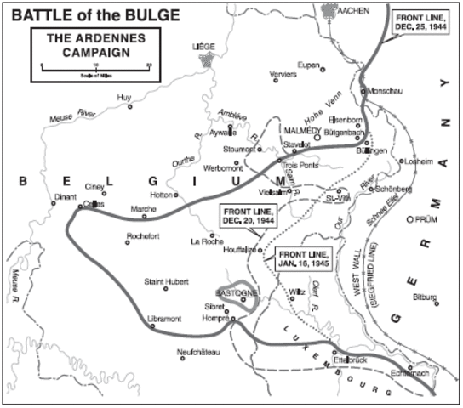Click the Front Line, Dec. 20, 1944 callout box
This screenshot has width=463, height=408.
click(x=249, y=217)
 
